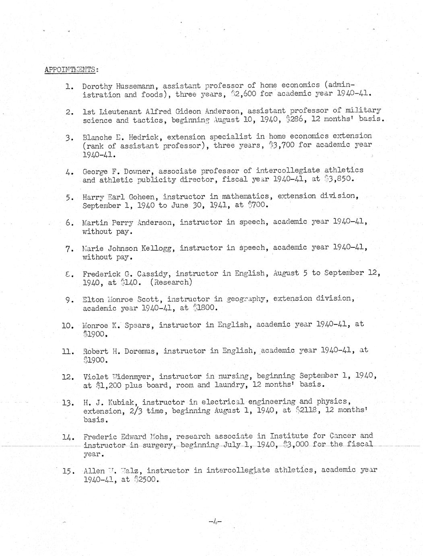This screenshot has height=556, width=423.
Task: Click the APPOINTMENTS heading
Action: [70, 69]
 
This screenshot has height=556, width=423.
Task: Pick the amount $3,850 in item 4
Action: [339, 180]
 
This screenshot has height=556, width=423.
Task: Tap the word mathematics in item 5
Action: [244, 196]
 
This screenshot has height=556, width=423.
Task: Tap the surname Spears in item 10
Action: [136, 325]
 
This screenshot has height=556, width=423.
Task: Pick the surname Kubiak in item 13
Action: [122, 402]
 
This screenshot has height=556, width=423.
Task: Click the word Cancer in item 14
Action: [343, 436]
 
